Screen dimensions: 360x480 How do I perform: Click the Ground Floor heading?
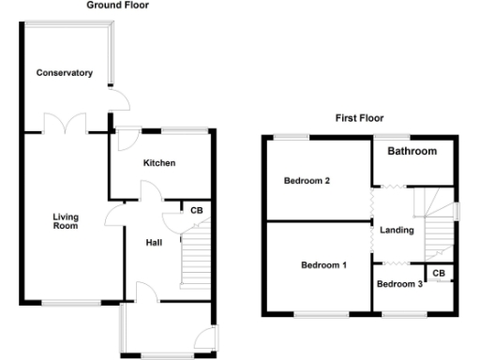point(117,6)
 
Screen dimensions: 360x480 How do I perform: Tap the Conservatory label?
point(65,72)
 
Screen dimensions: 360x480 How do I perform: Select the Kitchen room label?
point(158,163)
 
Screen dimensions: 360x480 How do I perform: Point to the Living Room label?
point(65,221)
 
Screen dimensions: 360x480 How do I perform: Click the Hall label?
point(154,243)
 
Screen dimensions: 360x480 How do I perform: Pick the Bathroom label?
point(412,151)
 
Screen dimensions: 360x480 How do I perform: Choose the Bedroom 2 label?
point(307,181)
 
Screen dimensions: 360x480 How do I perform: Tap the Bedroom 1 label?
point(323,265)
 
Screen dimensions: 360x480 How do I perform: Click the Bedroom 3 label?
point(398,283)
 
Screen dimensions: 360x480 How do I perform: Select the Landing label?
point(397,230)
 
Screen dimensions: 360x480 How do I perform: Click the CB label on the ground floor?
point(196,211)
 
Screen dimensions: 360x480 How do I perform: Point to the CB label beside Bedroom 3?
point(438,273)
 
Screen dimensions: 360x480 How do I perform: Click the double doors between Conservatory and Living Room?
point(65,124)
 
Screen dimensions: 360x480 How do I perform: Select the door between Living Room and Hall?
point(114,217)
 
